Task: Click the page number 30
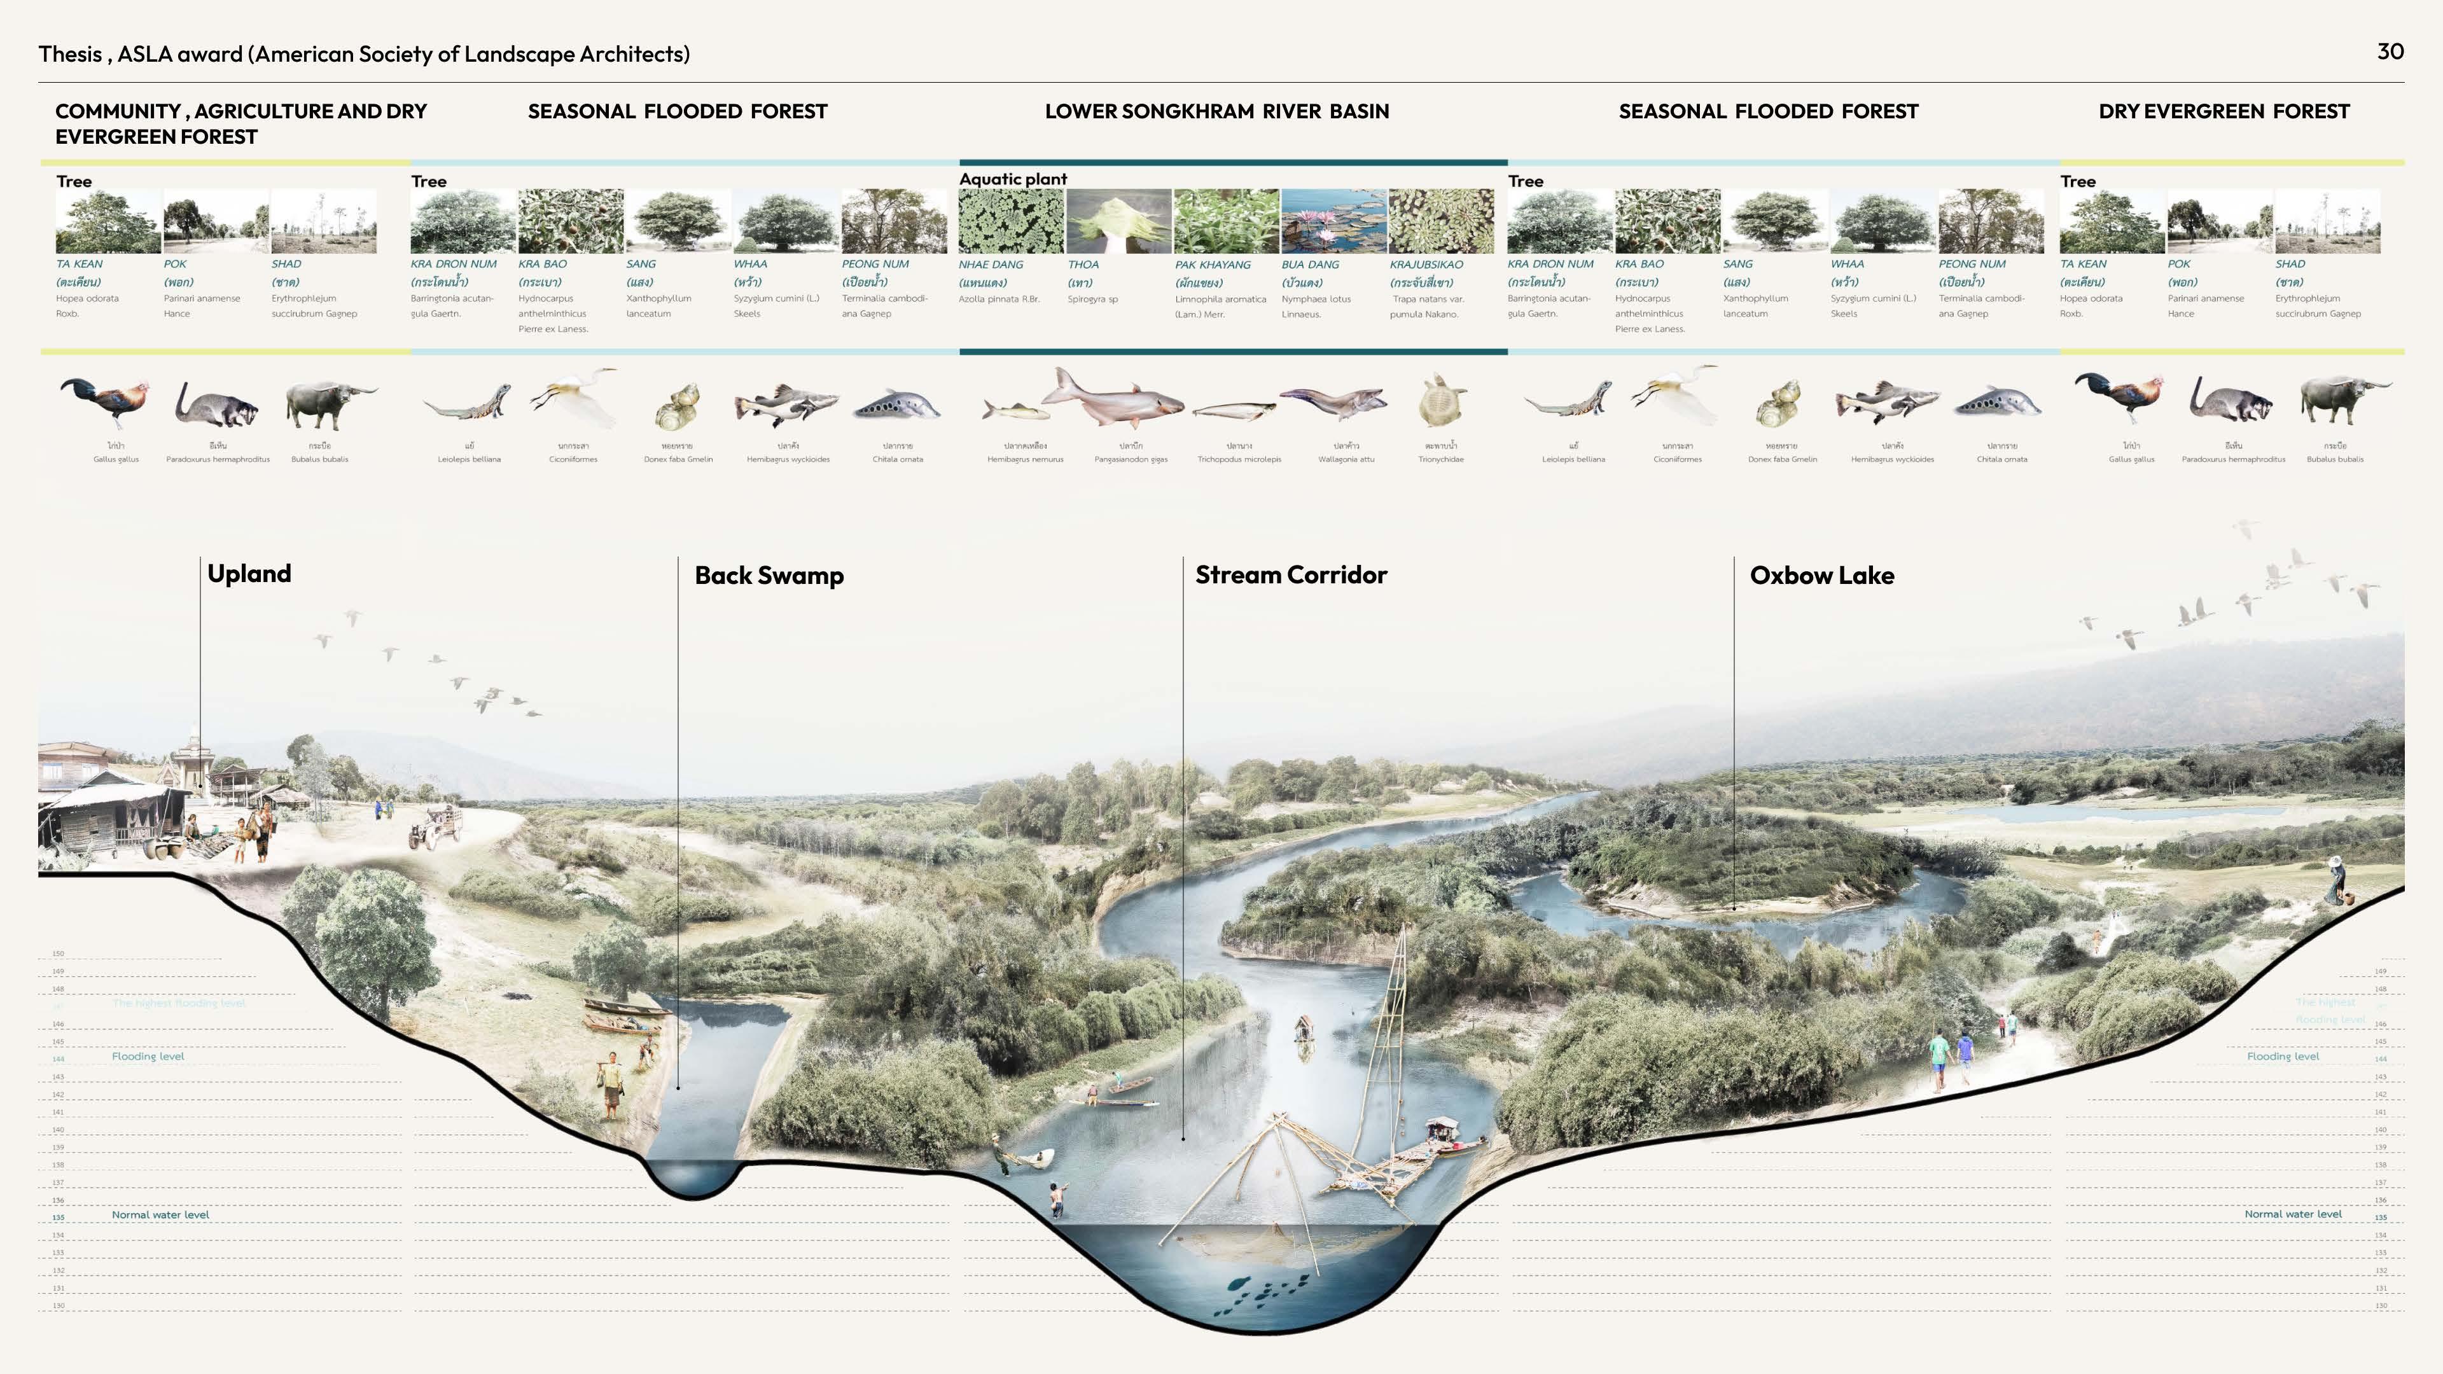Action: tap(2390, 51)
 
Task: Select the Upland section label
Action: tap(249, 574)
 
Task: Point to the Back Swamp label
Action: tap(769, 576)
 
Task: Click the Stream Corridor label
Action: tap(1291, 574)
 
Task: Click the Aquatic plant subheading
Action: tap(1013, 179)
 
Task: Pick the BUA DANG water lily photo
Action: tap(1333, 221)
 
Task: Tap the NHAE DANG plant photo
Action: tap(1011, 221)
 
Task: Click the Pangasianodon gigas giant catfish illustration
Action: tap(1115, 398)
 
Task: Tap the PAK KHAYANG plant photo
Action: tap(1226, 221)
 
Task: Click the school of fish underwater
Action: tap(1266, 1291)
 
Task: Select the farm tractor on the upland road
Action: tap(435, 827)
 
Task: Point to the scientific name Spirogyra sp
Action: tap(1092, 300)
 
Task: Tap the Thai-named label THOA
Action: tap(1083, 265)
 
